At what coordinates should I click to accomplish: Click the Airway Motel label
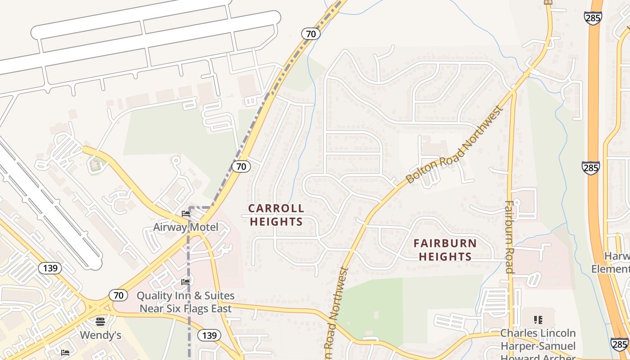point(185,227)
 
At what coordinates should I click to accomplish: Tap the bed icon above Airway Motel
point(185,213)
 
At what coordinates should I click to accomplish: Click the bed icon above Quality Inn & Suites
point(185,282)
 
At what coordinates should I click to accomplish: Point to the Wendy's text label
point(100,335)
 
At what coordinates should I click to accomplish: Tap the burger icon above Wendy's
point(100,321)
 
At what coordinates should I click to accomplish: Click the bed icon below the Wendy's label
point(66,352)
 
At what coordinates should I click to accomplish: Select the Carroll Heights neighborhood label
point(276,215)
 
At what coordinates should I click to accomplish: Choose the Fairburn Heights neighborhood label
point(445,250)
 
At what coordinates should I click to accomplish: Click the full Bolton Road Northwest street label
point(454,144)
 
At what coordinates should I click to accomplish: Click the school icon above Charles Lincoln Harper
point(538,320)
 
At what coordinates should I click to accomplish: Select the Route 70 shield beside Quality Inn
point(118,296)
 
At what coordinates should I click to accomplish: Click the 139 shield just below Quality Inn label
point(209,335)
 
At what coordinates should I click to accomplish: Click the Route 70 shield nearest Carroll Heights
point(241,166)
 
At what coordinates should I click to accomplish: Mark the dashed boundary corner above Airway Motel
point(189,207)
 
